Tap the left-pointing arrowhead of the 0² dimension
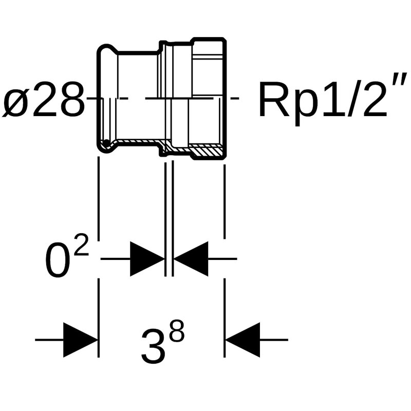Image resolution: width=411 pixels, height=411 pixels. tap(191, 259)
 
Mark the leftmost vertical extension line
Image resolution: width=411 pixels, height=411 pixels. tap(98, 206)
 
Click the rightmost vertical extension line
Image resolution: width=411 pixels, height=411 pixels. tap(225, 206)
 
